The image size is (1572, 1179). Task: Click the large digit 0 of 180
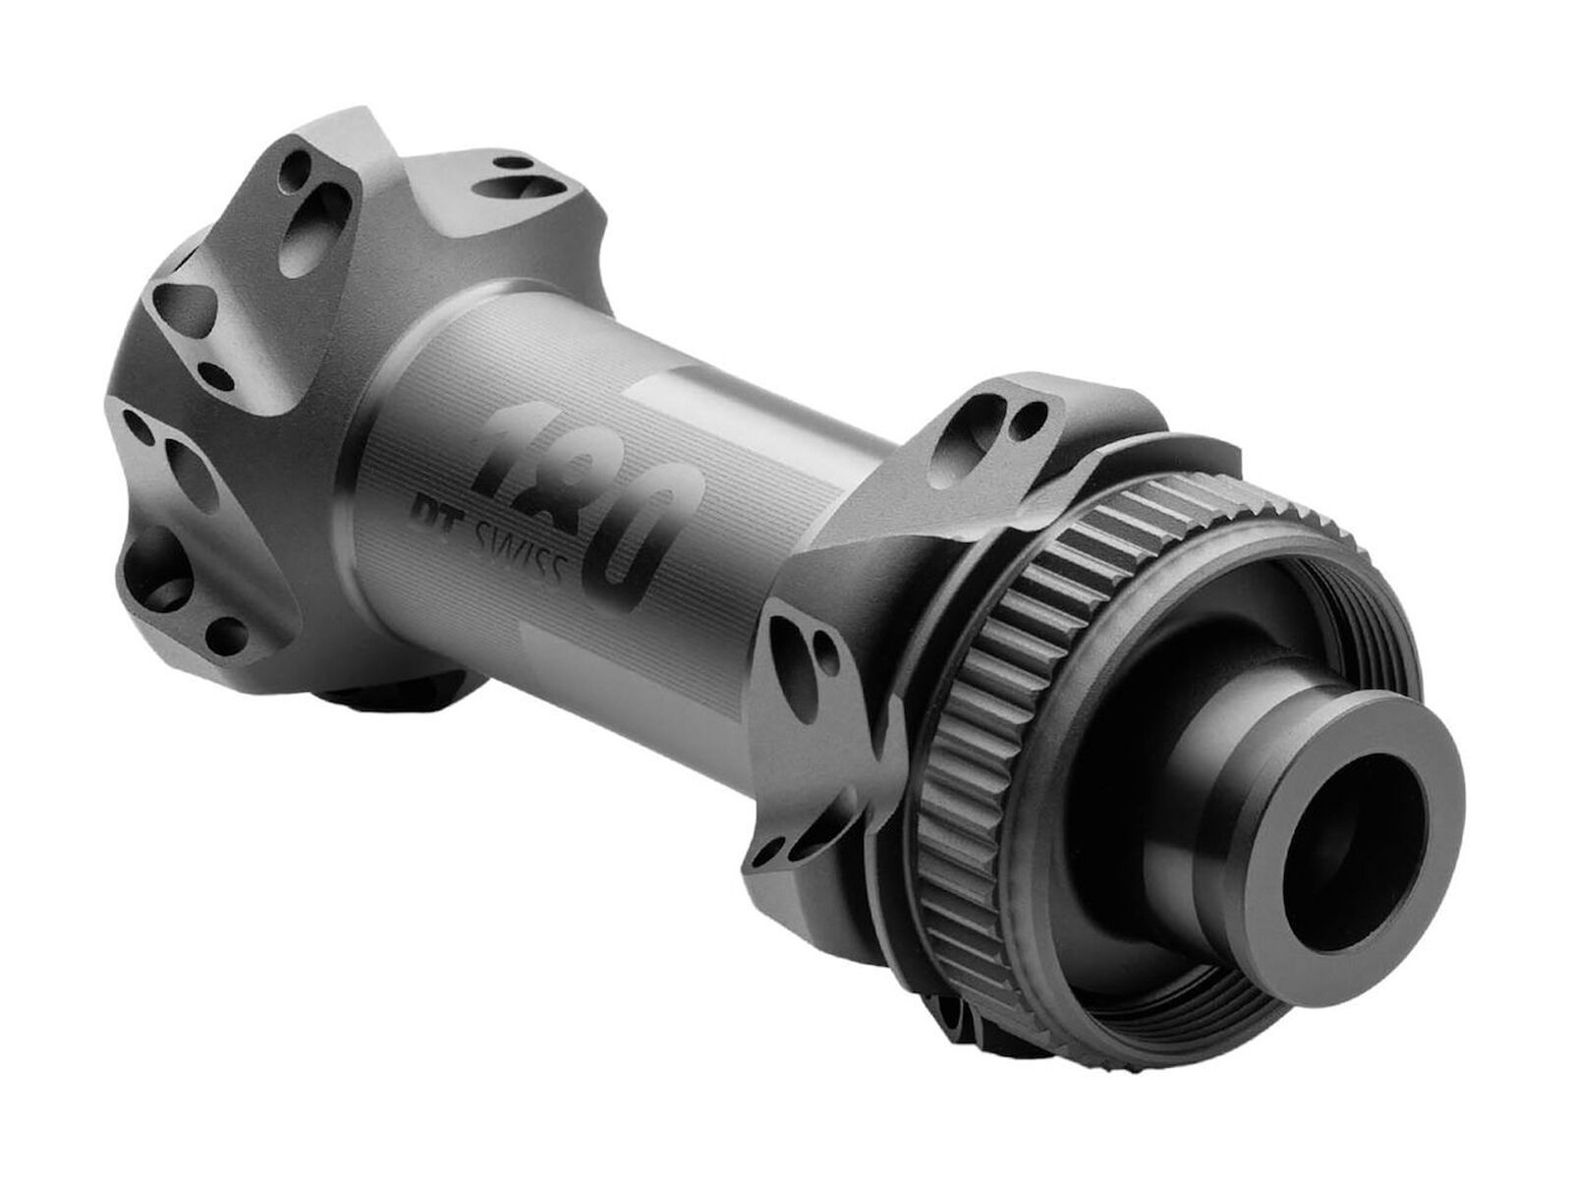(x=648, y=545)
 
